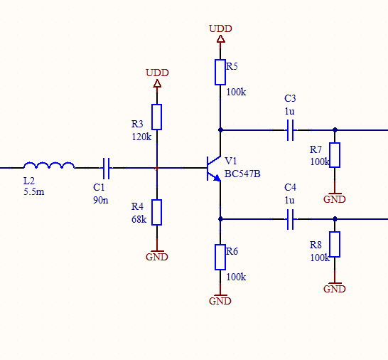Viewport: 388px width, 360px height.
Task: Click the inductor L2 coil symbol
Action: [x=49, y=164]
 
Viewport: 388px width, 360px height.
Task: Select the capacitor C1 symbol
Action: [x=106, y=168]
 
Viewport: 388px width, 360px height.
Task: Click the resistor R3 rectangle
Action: [x=156, y=117]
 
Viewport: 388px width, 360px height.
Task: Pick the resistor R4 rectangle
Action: [x=156, y=212]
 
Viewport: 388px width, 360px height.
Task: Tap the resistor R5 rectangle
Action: [x=220, y=72]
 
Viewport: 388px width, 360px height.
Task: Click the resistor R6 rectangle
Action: [x=220, y=257]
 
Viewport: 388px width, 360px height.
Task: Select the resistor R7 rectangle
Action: [x=335, y=155]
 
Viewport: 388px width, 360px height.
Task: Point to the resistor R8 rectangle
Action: [x=335, y=244]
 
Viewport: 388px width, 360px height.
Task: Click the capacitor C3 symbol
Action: [x=291, y=130]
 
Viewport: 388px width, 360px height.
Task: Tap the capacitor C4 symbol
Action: [x=291, y=219]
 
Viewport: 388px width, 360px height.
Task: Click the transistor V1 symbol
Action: [x=214, y=169]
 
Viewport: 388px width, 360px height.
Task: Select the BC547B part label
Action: [x=242, y=174]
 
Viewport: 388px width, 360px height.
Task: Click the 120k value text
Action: [x=141, y=137]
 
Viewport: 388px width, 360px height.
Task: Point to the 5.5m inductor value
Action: [x=34, y=192]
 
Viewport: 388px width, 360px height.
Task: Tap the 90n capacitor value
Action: [x=101, y=200]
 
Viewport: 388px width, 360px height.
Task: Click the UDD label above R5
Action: [x=220, y=28]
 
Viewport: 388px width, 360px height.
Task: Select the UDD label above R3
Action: [x=157, y=73]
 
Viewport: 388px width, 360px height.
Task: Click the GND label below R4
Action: [x=157, y=257]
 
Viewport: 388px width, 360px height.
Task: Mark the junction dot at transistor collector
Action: [x=220, y=129]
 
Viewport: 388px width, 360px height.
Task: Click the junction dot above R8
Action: [x=335, y=219]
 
